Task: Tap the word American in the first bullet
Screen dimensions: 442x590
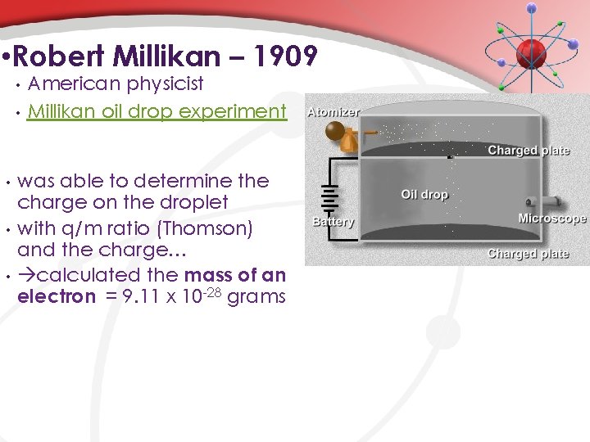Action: [71, 83]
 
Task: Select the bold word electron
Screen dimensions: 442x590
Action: [57, 296]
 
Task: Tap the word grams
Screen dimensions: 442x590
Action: [256, 296]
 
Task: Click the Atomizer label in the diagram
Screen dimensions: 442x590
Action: [333, 112]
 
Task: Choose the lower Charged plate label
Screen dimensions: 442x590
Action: [528, 254]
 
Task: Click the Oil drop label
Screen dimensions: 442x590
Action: [424, 195]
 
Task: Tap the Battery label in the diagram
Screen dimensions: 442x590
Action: [333, 222]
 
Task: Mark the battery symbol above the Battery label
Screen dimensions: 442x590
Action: [330, 199]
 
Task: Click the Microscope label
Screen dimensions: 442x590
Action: [552, 219]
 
